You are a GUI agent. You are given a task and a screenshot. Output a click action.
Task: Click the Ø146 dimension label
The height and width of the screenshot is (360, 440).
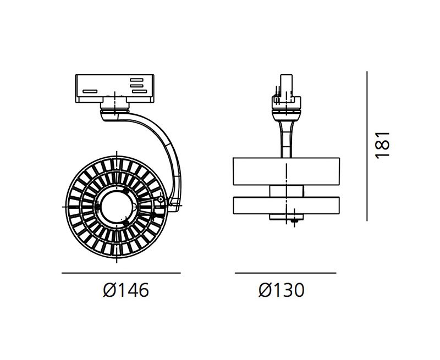126,290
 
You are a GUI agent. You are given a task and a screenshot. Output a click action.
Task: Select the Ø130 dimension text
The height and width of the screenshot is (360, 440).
282,290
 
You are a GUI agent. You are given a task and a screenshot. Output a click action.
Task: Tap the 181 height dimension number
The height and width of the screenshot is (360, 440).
383,145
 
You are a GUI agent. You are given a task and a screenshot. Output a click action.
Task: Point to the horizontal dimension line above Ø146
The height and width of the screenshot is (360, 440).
121,273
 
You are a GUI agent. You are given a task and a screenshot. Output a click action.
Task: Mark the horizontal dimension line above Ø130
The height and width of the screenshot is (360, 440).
285,273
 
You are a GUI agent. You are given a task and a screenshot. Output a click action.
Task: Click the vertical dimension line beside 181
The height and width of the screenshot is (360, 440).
367,146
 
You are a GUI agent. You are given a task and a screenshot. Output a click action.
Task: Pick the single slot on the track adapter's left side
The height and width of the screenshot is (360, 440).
90,91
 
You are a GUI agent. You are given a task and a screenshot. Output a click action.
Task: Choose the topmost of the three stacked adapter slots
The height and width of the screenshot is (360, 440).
136,80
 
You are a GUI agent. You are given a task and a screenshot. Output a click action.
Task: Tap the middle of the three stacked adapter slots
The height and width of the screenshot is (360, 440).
136,86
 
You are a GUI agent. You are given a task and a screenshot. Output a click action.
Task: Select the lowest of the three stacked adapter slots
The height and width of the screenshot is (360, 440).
140,91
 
